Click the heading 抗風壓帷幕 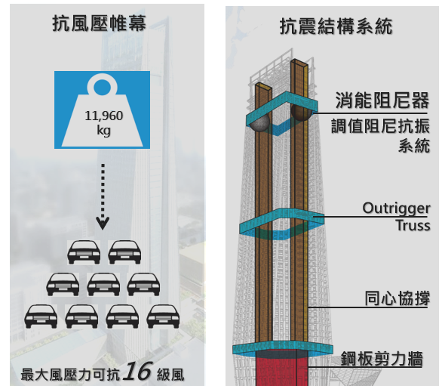coord(99,23)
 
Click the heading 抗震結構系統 coord(336,26)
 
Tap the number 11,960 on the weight coord(103,116)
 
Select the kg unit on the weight coord(103,131)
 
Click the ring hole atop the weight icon coord(102,86)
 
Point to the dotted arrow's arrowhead coord(103,224)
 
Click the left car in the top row coord(84,252)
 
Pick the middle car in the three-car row coord(103,285)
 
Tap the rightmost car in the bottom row coord(163,317)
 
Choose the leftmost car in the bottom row coord(41,317)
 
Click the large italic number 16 coord(137,371)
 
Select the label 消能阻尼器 coord(382,100)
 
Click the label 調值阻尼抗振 coord(380,126)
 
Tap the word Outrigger coord(396,208)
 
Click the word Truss coord(413,225)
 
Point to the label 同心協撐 coord(397,298)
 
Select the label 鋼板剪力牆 coord(382,359)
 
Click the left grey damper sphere coord(259,122)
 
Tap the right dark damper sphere coord(302,112)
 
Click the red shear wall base coord(281,368)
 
